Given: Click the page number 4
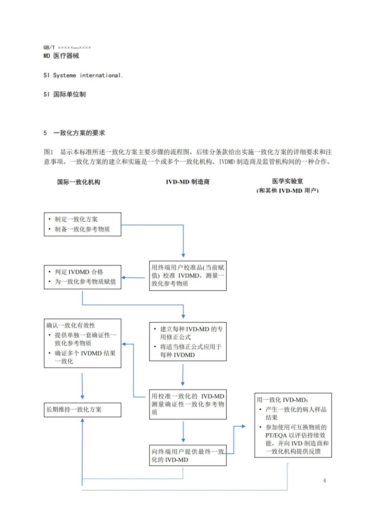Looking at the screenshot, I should click(x=325, y=480).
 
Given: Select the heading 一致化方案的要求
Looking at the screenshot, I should click(x=79, y=133).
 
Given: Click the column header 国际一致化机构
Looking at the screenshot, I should click(x=78, y=182).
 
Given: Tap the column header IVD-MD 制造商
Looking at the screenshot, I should click(x=188, y=182).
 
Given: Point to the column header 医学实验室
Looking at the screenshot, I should click(x=287, y=181).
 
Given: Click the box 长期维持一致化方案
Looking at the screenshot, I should click(x=83, y=410).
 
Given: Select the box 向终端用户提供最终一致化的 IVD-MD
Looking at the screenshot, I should click(x=188, y=455).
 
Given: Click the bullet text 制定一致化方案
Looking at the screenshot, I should click(x=76, y=219).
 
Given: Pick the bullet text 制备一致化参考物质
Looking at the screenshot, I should click(x=82, y=229).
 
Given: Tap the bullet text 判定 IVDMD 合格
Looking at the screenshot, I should click(x=79, y=272).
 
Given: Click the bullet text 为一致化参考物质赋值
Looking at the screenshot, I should click(x=85, y=281).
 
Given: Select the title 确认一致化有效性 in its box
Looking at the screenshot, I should click(x=71, y=325).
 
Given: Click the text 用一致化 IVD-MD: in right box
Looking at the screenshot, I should click(x=282, y=400).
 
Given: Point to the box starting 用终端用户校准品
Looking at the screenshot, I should click(x=188, y=276).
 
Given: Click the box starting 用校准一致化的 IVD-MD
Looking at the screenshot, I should click(x=188, y=404).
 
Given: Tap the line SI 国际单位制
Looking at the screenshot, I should click(x=65, y=94).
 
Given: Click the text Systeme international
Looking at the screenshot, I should click(x=88, y=75).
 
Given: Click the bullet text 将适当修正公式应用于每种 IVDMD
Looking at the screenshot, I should click(x=191, y=351).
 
